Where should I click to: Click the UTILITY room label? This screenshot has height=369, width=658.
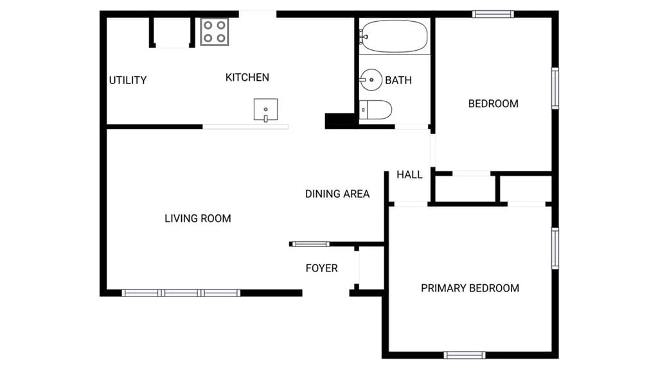pyautogui.click(x=128, y=80)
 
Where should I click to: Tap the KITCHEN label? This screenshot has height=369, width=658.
pyautogui.click(x=247, y=77)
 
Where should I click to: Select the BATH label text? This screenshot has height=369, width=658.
pyautogui.click(x=398, y=80)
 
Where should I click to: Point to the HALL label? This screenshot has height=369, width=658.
pyautogui.click(x=409, y=175)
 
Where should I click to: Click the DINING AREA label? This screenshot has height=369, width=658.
pyautogui.click(x=337, y=194)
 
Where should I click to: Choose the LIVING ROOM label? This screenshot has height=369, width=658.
pyautogui.click(x=198, y=218)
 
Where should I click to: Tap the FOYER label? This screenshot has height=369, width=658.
pyautogui.click(x=321, y=268)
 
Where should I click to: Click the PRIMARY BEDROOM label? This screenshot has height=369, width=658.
pyautogui.click(x=470, y=288)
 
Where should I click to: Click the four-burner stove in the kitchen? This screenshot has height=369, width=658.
pyautogui.click(x=215, y=32)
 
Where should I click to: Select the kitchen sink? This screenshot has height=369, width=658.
pyautogui.click(x=265, y=110)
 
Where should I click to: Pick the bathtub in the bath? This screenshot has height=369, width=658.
pyautogui.click(x=394, y=37)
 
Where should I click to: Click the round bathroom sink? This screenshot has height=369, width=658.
pyautogui.click(x=371, y=80)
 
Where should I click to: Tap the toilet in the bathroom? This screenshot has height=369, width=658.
pyautogui.click(x=375, y=110)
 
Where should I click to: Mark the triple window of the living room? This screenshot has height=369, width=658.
pyautogui.click(x=181, y=293)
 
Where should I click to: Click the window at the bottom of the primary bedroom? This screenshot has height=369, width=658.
pyautogui.click(x=465, y=355)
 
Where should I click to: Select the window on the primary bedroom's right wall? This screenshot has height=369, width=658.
pyautogui.click(x=555, y=248)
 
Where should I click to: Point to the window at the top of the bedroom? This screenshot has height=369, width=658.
pyautogui.click(x=493, y=14)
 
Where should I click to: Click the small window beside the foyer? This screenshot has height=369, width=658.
pyautogui.click(x=310, y=244)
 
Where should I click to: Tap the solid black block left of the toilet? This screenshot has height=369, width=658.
pyautogui.click(x=340, y=121)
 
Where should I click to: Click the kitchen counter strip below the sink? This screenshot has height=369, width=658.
pyautogui.click(x=245, y=126)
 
